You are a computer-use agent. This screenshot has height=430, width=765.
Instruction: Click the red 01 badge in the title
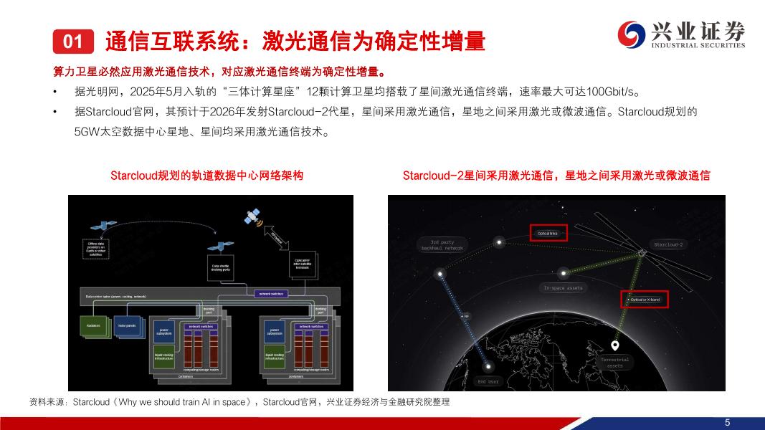click(x=73, y=42)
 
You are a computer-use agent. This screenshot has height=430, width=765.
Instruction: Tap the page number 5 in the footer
click(x=727, y=422)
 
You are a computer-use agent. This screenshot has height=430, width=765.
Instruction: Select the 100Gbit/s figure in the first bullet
click(x=610, y=92)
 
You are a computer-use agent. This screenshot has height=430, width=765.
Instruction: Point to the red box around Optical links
click(x=548, y=233)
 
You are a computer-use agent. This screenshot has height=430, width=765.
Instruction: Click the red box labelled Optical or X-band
click(x=644, y=299)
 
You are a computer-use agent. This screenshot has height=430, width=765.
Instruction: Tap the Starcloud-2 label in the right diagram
click(x=669, y=244)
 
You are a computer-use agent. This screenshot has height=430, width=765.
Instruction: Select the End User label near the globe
click(x=488, y=381)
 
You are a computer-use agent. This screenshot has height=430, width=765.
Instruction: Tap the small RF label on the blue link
click(x=465, y=315)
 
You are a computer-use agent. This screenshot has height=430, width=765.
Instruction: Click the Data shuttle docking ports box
click(x=220, y=267)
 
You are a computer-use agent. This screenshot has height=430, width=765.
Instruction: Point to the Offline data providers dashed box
click(x=96, y=248)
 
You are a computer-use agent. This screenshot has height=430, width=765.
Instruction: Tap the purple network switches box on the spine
click(x=270, y=294)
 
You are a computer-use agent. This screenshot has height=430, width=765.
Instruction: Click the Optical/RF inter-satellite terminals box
click(x=302, y=265)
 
